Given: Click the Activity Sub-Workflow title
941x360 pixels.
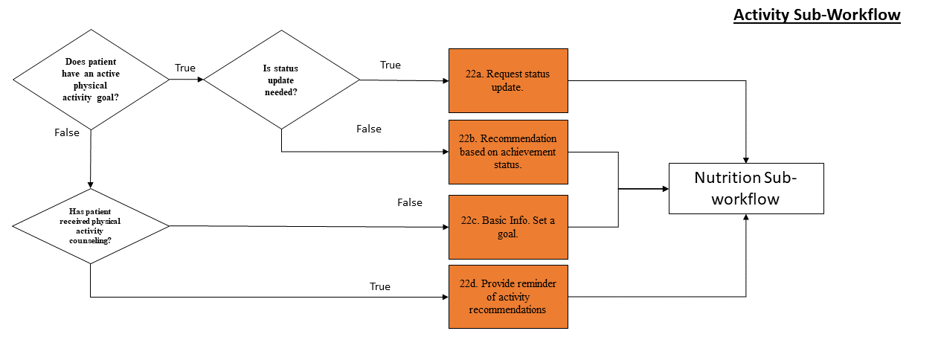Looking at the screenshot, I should (x=817, y=16).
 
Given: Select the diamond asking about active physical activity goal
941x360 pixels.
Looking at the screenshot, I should (x=91, y=80).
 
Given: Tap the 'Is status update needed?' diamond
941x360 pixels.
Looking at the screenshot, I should (x=281, y=80).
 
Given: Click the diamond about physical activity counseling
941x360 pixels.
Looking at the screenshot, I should (x=91, y=225).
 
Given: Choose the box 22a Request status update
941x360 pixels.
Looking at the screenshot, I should (x=508, y=80).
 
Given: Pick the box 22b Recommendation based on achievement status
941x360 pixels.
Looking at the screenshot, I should (x=508, y=152).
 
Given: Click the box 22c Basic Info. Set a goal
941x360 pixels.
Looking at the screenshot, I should (x=508, y=226).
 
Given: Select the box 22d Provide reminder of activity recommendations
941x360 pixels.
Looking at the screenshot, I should (x=508, y=296).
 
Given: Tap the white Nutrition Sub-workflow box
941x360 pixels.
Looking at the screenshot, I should (x=746, y=188).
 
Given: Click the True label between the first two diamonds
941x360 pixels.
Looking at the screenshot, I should (x=185, y=68).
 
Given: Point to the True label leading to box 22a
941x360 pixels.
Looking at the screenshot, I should (x=391, y=65).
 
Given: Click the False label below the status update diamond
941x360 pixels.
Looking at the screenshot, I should (x=369, y=129).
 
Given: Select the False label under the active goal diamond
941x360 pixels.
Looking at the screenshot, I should (x=67, y=132).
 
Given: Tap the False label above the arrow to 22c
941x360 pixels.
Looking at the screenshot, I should (x=409, y=202).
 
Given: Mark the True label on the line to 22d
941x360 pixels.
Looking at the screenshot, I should (x=380, y=286).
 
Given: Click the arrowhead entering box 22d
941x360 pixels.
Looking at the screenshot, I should (x=444, y=297).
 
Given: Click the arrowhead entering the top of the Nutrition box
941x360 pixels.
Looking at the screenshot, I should (x=746, y=158).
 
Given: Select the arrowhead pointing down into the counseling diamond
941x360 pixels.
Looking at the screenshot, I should (x=91, y=184).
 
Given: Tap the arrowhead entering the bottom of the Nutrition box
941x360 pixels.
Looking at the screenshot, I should (x=746, y=218).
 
